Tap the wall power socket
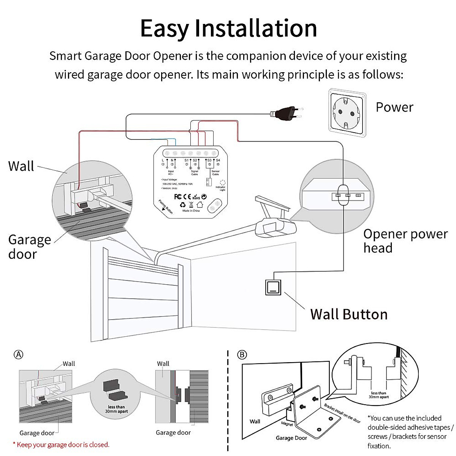[x=348, y=112]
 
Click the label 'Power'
[x=394, y=107]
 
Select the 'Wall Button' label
[x=349, y=314]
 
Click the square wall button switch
[x=273, y=287]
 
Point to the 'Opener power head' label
[x=405, y=241]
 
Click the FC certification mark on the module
[x=178, y=196]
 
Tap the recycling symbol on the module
[x=183, y=204]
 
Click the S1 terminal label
[x=186, y=160]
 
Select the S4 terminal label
[x=218, y=160]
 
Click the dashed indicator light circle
[x=223, y=183]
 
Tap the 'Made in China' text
[x=191, y=211]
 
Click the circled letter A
[x=18, y=355]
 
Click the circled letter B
[x=242, y=355]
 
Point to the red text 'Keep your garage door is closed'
[x=61, y=445]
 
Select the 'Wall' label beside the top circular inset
[x=21, y=166]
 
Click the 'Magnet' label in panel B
[x=287, y=423]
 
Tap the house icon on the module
[x=200, y=204]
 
